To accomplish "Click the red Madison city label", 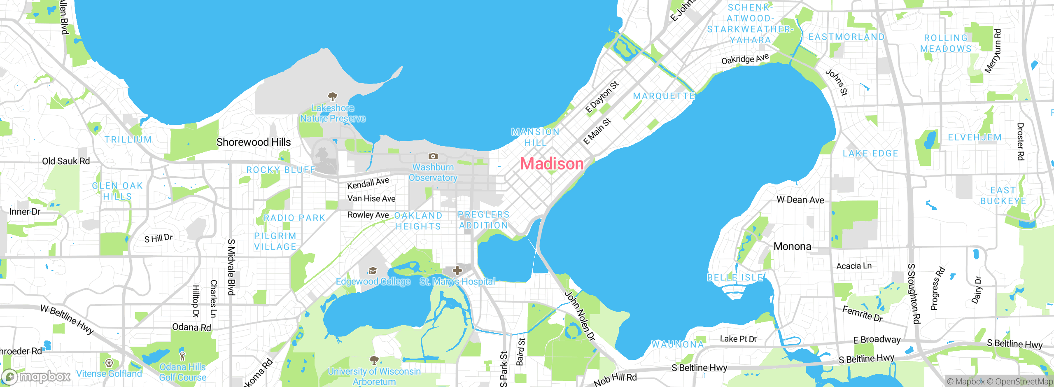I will (x=552, y=164).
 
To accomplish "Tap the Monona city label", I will (x=792, y=246).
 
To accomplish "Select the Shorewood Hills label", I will (x=254, y=142).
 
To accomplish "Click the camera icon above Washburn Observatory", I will (x=433, y=156).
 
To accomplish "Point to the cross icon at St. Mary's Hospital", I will (x=457, y=270).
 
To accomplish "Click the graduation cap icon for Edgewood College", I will (x=373, y=270).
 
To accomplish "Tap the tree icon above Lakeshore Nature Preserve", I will (x=332, y=97).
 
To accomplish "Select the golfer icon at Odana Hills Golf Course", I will (x=182, y=355).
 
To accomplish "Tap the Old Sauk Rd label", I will (x=66, y=161).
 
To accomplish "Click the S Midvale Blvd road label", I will (x=231, y=267).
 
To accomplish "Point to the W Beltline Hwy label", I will (x=67, y=319).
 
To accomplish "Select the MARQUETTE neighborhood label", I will (x=664, y=96).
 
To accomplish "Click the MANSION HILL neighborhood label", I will (x=535, y=137).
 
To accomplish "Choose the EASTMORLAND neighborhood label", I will (x=846, y=37).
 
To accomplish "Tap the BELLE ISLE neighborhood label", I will (x=735, y=277).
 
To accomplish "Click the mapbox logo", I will (x=36, y=376).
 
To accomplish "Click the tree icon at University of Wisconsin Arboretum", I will (x=374, y=360).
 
